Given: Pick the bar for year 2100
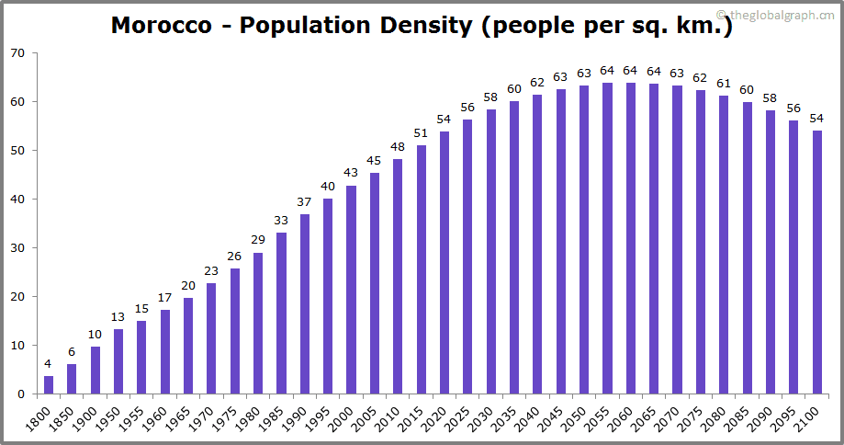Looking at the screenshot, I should coord(816,262).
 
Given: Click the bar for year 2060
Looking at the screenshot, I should coord(630,238).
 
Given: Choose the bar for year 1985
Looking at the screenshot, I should coord(281,313).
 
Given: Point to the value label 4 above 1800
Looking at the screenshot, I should coord(49,364).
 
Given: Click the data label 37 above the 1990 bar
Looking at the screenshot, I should coord(304,202).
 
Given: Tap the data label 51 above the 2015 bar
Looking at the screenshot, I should coord(421,133).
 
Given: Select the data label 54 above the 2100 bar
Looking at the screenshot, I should coord(816,119).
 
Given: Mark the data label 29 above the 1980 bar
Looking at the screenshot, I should coord(258,241).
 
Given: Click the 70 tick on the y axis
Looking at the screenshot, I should coord(17,53).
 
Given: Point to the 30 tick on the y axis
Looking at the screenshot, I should coord(17,248).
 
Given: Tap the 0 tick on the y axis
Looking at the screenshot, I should coord(21,394).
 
